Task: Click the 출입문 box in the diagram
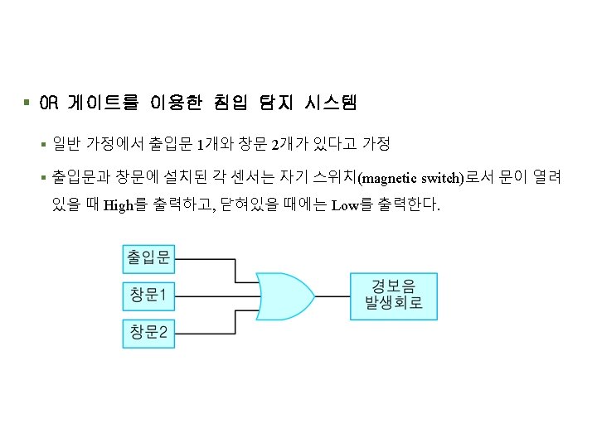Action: pos(148,258)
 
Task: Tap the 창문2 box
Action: pos(148,333)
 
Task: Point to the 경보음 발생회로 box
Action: pos(393,295)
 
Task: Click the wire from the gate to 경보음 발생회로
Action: pos(332,296)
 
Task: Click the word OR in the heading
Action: pos(50,103)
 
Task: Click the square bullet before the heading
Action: pos(27,103)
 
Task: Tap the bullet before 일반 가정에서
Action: pos(43,146)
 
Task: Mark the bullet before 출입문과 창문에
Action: pos(43,178)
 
